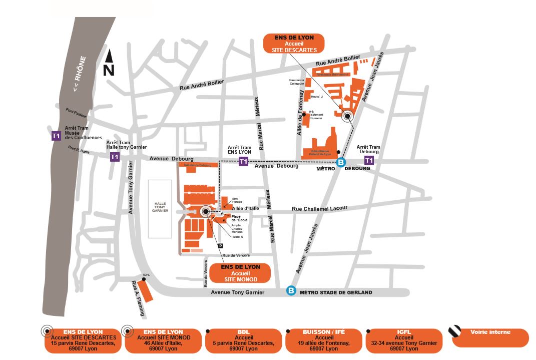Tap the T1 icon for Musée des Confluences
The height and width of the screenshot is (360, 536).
click(x=57, y=136)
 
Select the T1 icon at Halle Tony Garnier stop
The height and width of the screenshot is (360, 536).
click(x=115, y=157)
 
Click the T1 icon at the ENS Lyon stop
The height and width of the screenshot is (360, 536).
click(x=243, y=161)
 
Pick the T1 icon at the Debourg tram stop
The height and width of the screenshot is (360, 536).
click(x=369, y=160)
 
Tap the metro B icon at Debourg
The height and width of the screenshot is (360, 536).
click(x=341, y=162)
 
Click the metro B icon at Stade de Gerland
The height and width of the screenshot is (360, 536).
click(x=291, y=290)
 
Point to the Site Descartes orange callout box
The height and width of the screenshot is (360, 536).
click(x=293, y=44)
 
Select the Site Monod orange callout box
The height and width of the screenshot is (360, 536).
click(x=240, y=273)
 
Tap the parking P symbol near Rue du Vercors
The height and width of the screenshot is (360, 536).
click(x=220, y=245)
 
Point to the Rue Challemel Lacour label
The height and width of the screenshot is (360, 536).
click(x=319, y=208)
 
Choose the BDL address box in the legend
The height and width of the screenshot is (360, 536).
click(x=243, y=340)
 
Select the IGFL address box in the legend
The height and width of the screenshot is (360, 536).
click(x=404, y=340)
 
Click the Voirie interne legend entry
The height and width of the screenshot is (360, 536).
click(x=490, y=337)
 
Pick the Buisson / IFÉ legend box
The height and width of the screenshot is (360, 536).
click(x=324, y=340)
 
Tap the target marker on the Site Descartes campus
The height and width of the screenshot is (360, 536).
click(x=346, y=116)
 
